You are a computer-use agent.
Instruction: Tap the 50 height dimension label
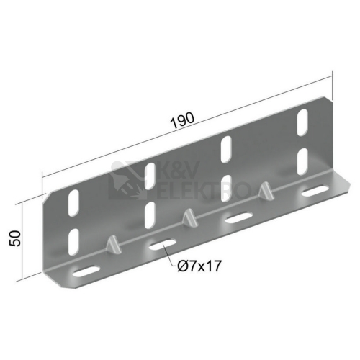[15, 238]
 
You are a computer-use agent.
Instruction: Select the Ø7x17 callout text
[199, 266]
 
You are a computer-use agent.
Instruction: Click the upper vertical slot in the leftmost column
[73, 203]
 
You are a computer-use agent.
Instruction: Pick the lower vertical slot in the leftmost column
[73, 242]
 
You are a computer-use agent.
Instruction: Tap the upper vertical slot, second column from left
[150, 176]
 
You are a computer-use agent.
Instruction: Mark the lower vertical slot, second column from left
[150, 215]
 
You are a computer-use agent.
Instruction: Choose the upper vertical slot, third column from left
[226, 150]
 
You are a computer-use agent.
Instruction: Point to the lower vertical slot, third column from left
[226, 189]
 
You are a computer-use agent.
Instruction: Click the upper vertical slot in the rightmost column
[302, 122]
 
